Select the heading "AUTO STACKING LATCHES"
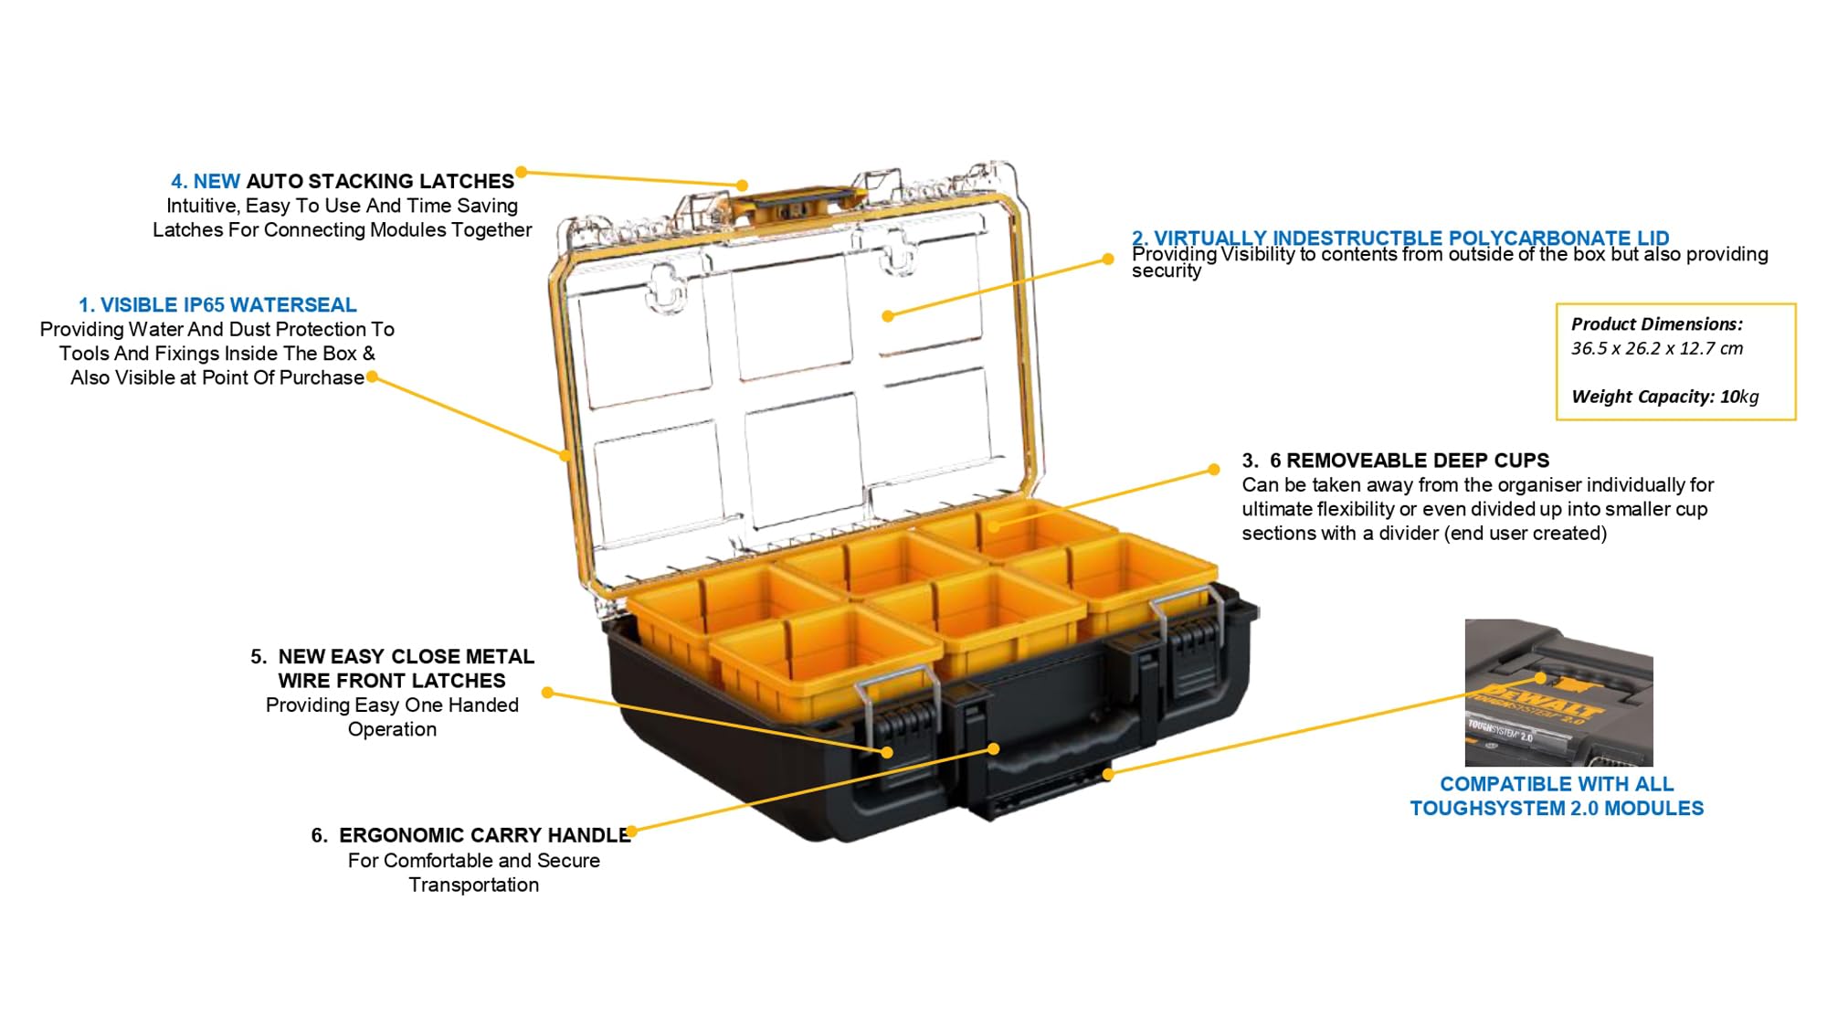[x=380, y=182]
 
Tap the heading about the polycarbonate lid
[x=1400, y=238]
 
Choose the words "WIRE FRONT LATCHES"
[x=392, y=681]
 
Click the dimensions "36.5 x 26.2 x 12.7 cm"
[x=1656, y=348]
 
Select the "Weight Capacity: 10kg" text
[x=1664, y=397]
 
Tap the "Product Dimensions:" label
[x=1656, y=324]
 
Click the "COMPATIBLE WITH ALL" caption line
[x=1557, y=784]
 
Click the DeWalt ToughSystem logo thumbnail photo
[x=1558, y=693]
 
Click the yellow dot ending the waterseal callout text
[x=372, y=376]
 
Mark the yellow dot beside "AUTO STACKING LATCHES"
[x=522, y=172]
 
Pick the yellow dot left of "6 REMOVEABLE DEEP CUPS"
[x=1213, y=470]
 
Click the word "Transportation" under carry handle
[x=473, y=885]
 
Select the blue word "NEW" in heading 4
[x=216, y=182]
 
